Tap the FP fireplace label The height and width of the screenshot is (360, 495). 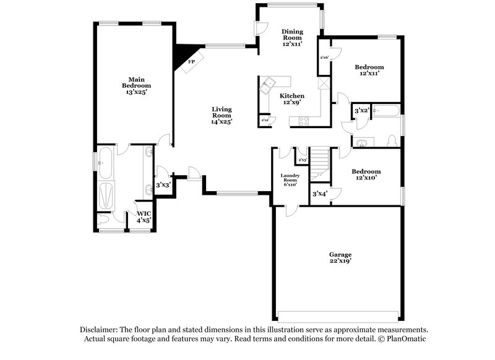(x=192, y=62)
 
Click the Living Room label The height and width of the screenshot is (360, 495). (x=221, y=115)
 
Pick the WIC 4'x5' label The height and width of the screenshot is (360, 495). (x=144, y=216)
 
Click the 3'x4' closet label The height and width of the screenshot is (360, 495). (x=319, y=194)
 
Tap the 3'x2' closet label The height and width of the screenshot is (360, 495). (x=361, y=110)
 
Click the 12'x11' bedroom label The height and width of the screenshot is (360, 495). (x=369, y=71)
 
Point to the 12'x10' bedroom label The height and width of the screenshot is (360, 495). (x=366, y=175)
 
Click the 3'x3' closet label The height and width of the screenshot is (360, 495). (x=163, y=185)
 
